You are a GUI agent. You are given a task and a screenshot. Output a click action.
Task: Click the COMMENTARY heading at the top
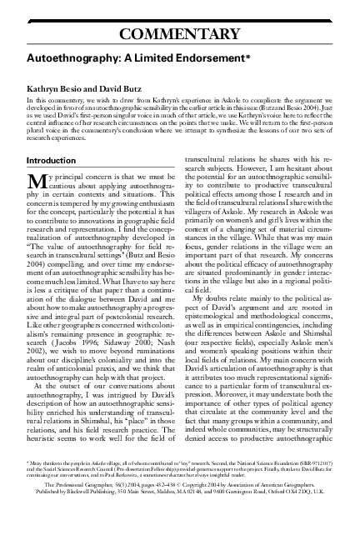[180, 34]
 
